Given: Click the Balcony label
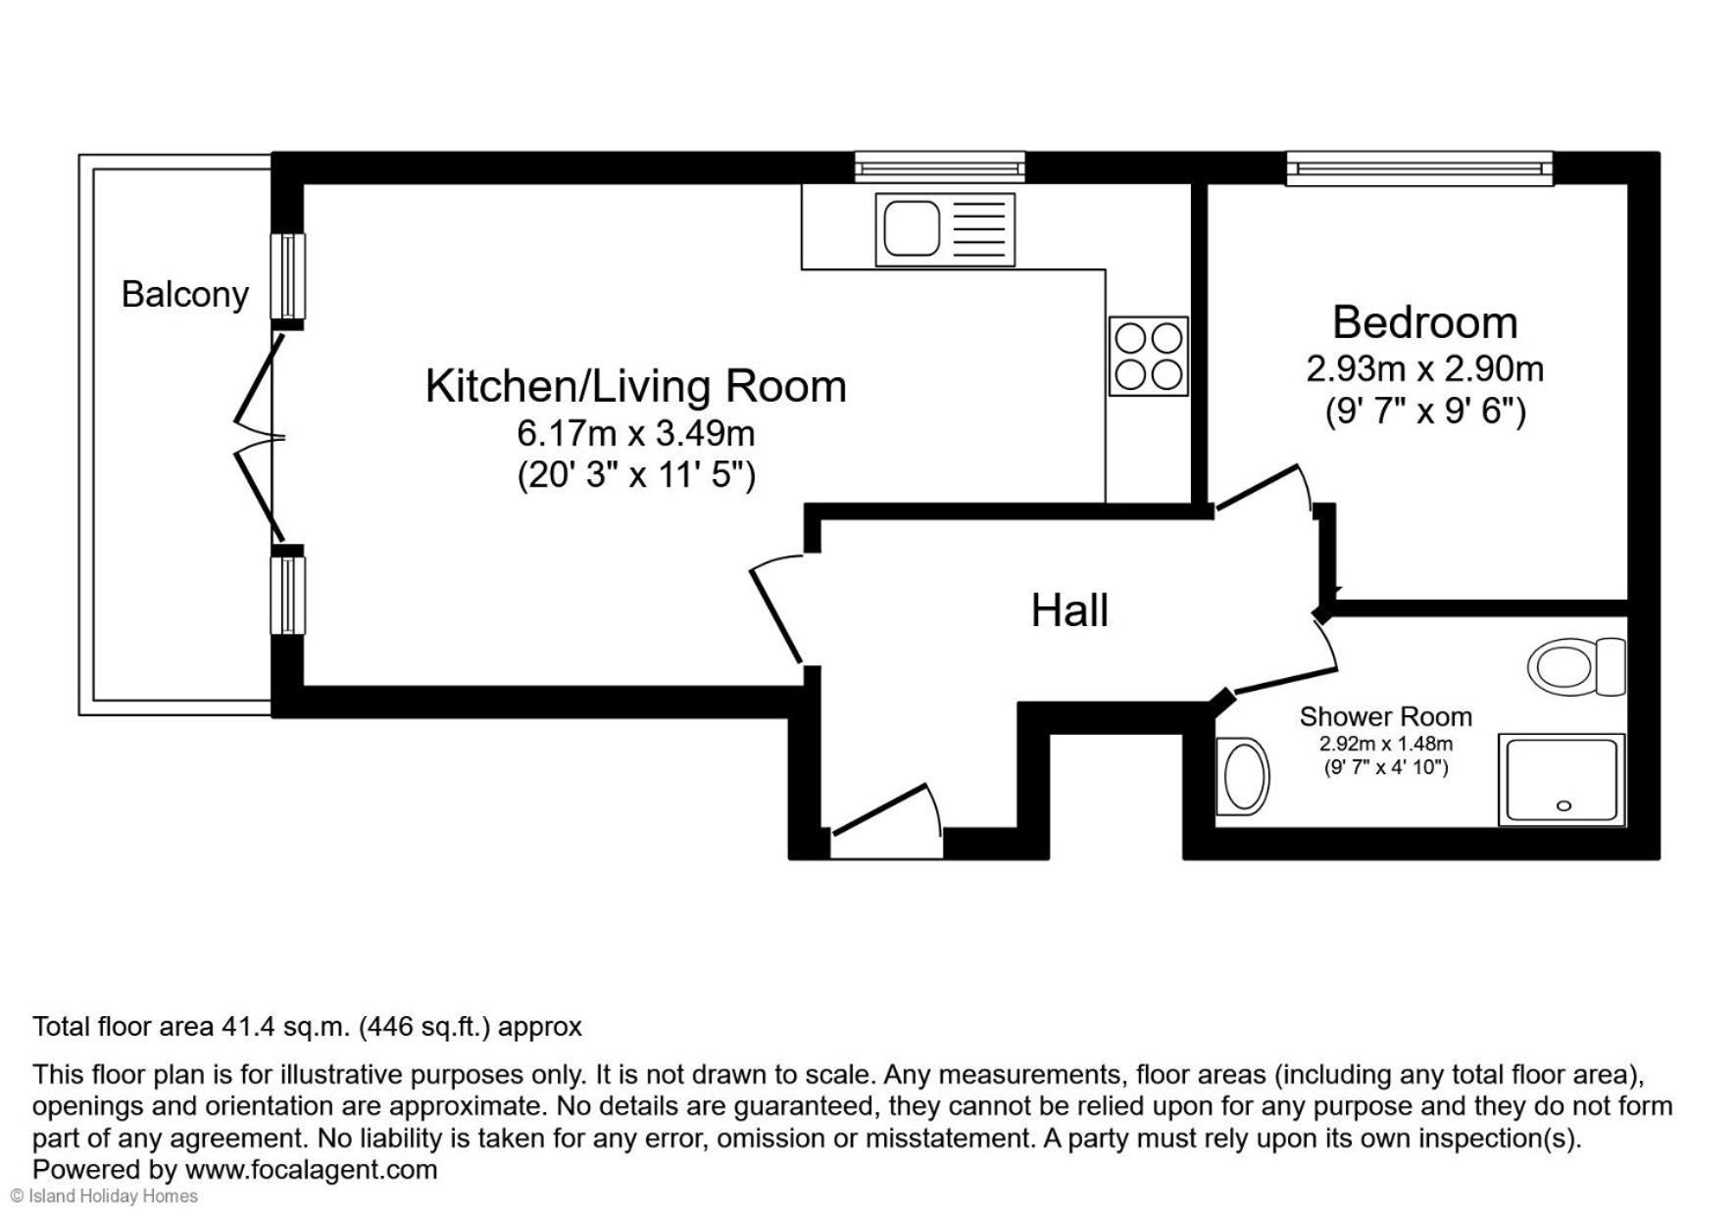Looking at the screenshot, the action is [184, 294].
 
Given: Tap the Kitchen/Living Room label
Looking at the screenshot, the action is [635, 386].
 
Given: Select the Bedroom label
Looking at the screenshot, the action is [1424, 322].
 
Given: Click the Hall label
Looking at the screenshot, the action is [1069, 610].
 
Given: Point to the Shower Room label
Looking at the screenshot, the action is [1385, 716].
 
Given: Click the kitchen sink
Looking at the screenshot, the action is [945, 229].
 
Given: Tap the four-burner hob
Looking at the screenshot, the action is [1148, 356].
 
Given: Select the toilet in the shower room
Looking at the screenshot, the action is [1576, 667].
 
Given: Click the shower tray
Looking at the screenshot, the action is [1562, 779].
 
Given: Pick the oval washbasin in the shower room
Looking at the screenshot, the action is [1242, 776].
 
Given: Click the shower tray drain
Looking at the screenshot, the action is [1563, 805].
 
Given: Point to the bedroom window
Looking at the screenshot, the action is [1418, 168].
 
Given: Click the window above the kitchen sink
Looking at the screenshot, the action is [939, 167].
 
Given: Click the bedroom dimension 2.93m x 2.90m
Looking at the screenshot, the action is [1424, 369].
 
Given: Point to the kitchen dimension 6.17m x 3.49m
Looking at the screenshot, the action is [635, 432].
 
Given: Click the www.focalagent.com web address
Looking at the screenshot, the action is [311, 1170].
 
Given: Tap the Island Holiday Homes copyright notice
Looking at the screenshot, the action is [104, 1196].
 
